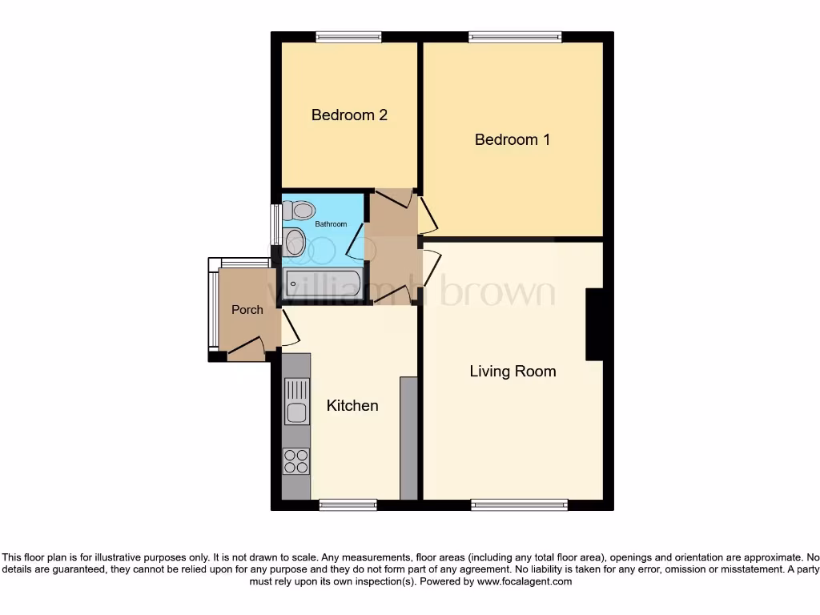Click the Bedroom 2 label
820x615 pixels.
(349, 115)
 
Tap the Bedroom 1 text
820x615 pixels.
(512, 140)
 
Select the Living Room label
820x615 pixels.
(512, 372)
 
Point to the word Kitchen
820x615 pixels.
(352, 406)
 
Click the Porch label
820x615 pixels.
(247, 310)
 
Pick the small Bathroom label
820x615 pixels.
(331, 224)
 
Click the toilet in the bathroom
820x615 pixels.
(302, 211)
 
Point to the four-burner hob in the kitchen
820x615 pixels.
(296, 461)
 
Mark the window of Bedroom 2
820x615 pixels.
(348, 36)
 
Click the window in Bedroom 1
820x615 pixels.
(515, 36)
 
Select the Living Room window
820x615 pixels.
(519, 504)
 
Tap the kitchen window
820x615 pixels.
(348, 504)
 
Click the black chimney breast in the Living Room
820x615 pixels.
(594, 324)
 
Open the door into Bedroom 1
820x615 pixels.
(428, 212)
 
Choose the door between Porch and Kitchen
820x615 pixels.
(287, 328)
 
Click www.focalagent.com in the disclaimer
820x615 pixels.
(525, 582)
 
